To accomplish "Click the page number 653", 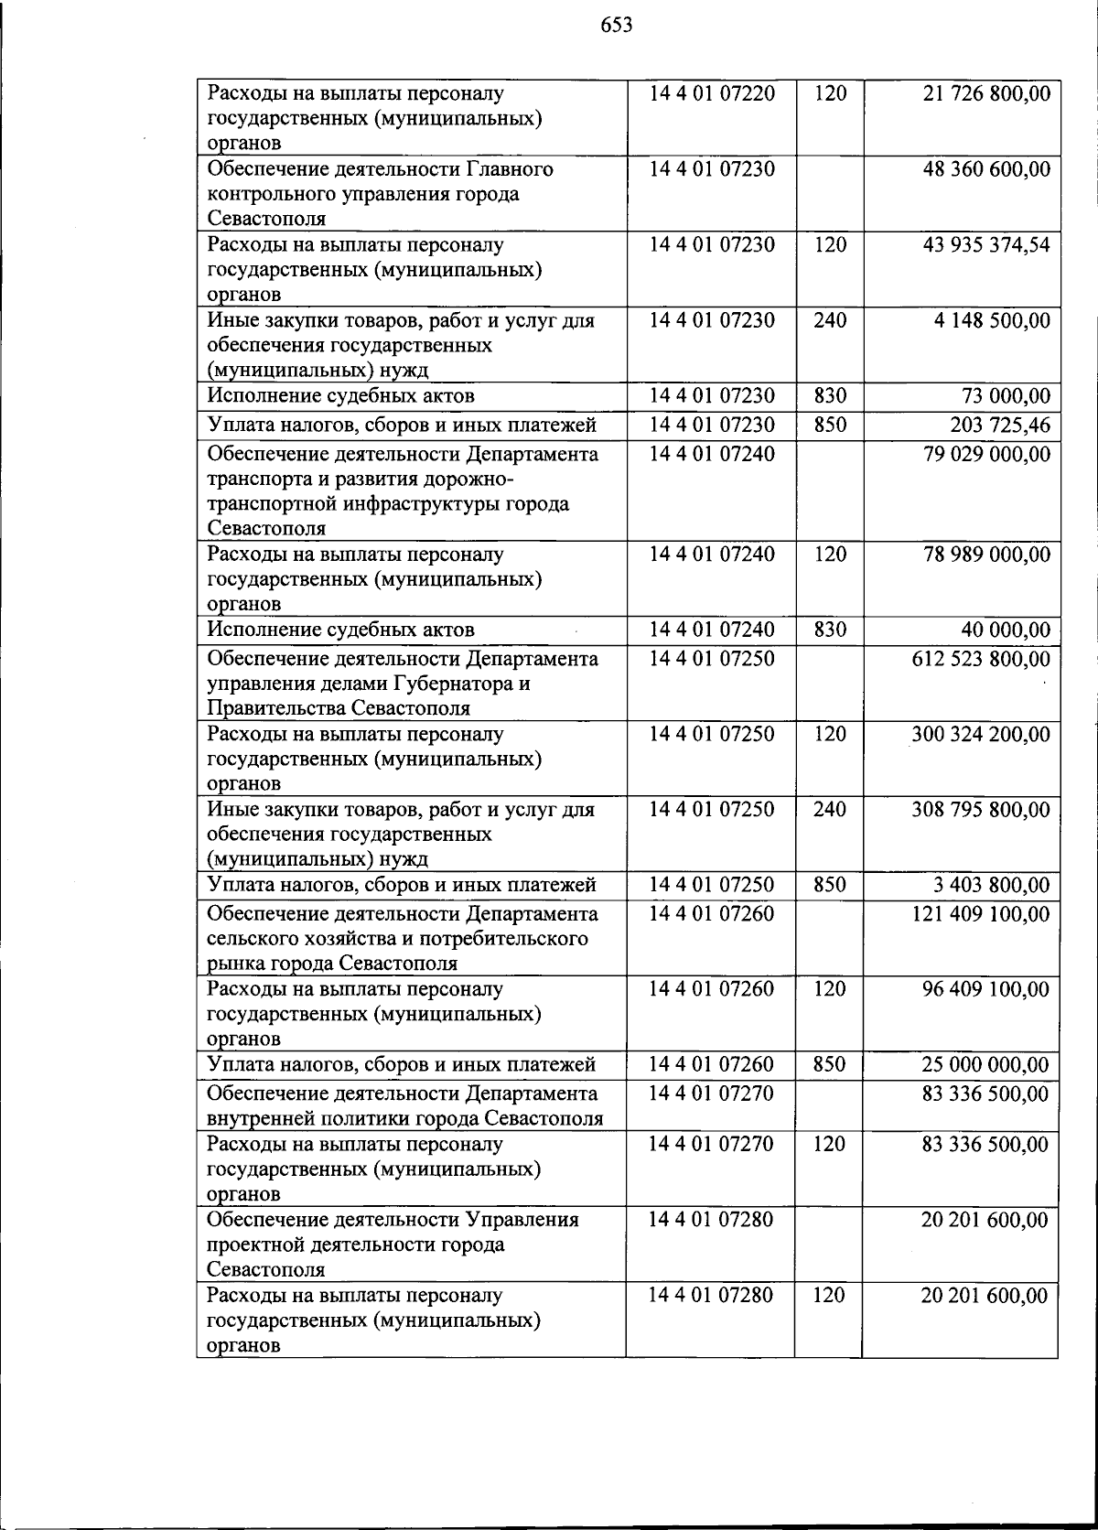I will coord(617,26).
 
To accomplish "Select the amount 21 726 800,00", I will coord(986,93).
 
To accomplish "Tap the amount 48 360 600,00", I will coord(986,169).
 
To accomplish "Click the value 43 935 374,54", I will coord(986,245).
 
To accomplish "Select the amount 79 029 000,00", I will coord(986,455).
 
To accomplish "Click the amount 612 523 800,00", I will coord(981,660).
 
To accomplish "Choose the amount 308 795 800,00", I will coord(981,810).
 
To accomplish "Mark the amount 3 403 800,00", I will coord(992,886).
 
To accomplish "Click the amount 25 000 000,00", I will coord(986,1065).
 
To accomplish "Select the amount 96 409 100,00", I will coord(986,989).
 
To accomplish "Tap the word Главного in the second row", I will coord(511,169).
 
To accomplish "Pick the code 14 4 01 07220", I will coord(712,93).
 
